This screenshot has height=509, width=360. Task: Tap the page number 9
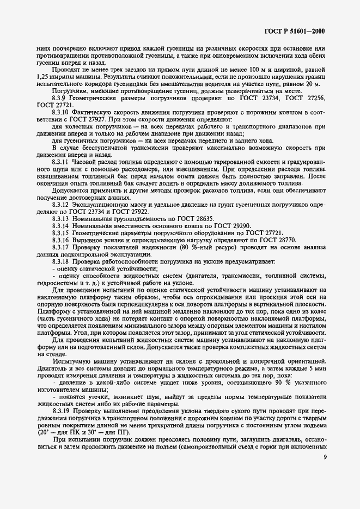tap(325, 488)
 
